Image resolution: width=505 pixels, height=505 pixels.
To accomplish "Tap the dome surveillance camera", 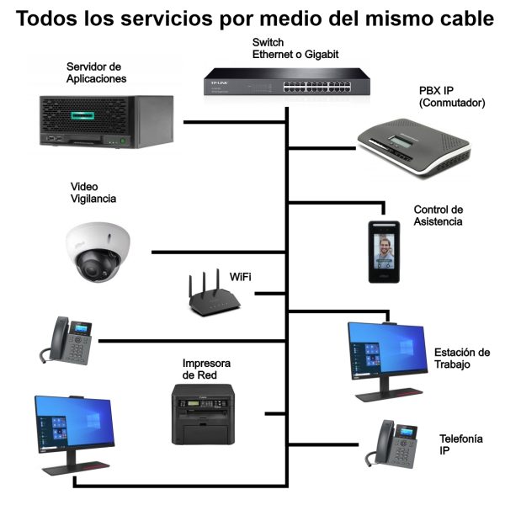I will coord(100,251).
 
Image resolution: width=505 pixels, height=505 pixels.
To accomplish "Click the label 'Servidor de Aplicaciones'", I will coord(95,72).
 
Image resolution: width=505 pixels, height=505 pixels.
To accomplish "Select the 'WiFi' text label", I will coord(241,277).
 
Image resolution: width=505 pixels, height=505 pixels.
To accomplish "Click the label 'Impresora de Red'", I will coord(206,369).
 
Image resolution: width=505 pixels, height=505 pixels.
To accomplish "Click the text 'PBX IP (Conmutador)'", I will coord(452,96).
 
